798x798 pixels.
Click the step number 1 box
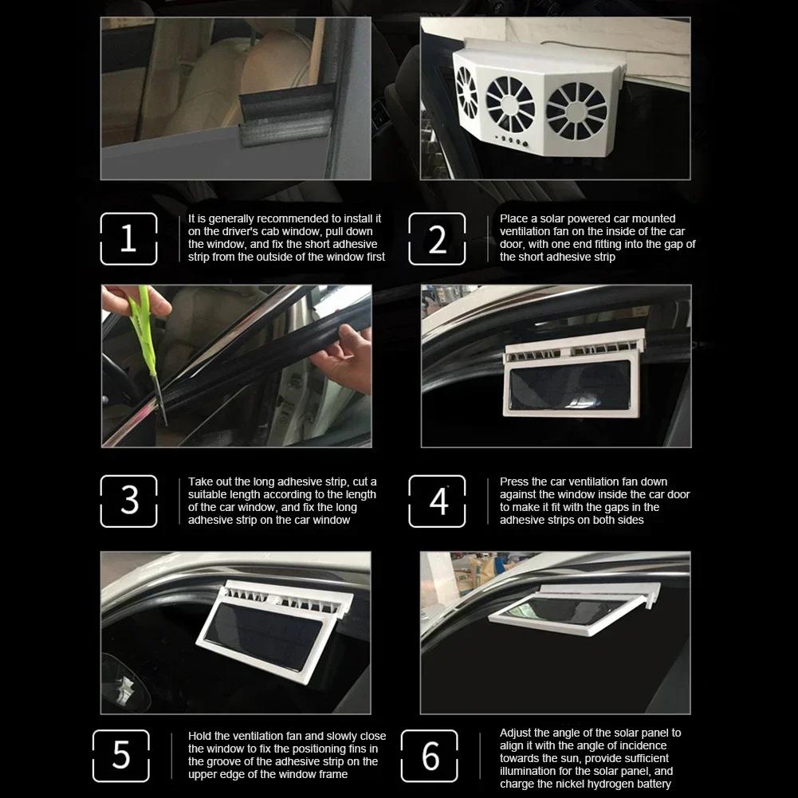(128, 238)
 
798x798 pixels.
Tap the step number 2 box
(437, 238)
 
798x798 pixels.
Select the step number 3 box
(128, 501)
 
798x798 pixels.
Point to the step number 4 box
(437, 501)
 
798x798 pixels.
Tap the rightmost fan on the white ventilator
(577, 108)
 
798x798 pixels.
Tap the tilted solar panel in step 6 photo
(562, 612)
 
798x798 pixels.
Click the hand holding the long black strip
(344, 359)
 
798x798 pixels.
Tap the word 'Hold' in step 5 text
(201, 736)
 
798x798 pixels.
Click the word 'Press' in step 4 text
(515, 482)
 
